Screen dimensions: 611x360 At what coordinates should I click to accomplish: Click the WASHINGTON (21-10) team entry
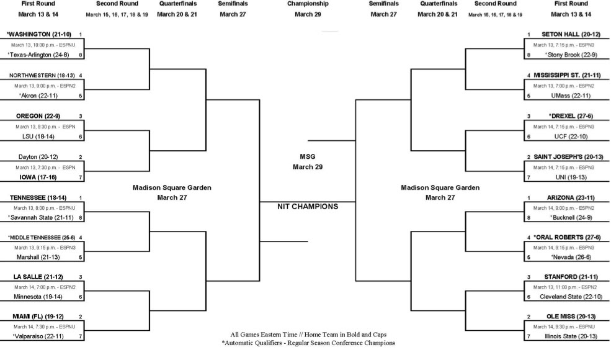tap(38, 34)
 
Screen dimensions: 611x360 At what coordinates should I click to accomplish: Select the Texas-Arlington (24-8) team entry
tap(38, 55)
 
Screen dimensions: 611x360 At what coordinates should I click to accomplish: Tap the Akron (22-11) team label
tap(38, 96)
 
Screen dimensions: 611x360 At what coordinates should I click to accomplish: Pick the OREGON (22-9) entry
tap(38, 116)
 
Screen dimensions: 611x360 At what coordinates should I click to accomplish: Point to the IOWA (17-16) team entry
tap(38, 177)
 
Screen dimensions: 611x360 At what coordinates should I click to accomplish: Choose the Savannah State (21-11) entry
tap(40, 218)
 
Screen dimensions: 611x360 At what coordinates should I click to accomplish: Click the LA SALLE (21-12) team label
tap(38, 277)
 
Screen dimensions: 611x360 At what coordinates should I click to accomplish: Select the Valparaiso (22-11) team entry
tap(38, 336)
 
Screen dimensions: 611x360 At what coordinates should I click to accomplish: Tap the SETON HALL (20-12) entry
tap(571, 34)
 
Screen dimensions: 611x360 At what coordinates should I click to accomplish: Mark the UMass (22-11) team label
tap(571, 96)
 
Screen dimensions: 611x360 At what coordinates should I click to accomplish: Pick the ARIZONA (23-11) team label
tap(571, 198)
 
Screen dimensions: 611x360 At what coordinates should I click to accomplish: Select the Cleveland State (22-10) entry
tap(571, 297)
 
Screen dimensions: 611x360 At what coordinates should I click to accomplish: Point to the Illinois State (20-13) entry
tap(571, 336)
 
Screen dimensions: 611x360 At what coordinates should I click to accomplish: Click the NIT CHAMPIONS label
tap(308, 207)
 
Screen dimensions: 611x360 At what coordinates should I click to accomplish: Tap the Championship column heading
tap(308, 4)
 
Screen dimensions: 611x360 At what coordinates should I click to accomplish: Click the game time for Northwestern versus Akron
tap(45, 86)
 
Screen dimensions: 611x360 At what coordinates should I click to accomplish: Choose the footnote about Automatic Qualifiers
tap(308, 343)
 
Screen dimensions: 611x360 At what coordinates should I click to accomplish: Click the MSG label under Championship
tap(308, 157)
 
